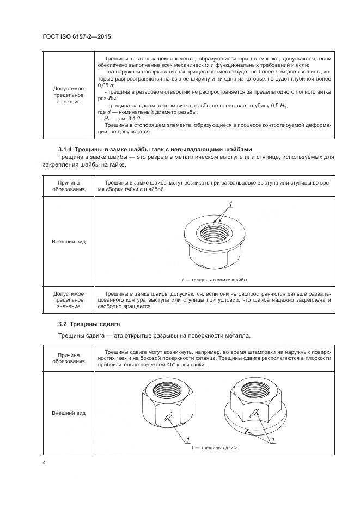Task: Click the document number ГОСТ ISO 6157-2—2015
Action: point(81,37)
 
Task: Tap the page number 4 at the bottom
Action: point(44,463)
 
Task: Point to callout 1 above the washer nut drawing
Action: point(230,204)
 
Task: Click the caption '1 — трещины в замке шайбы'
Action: point(215,280)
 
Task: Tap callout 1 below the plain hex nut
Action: point(188,439)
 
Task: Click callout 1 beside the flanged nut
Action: point(272,439)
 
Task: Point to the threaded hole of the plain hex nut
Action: point(167,390)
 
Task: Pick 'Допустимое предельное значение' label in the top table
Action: point(69,95)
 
